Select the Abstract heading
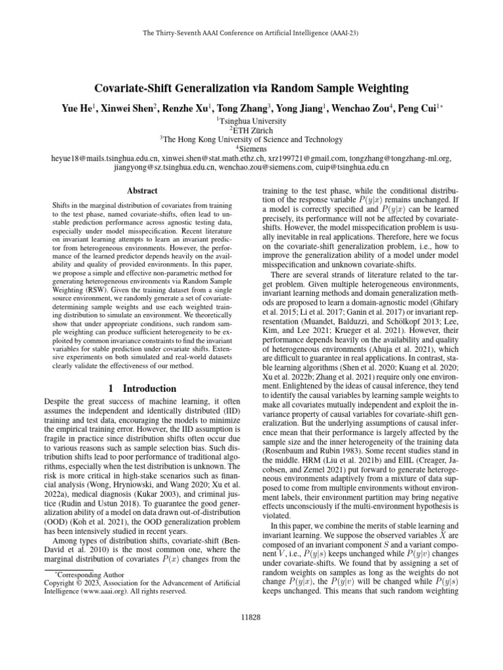(141, 190)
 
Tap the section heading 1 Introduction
(141, 388)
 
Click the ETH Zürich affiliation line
(251, 130)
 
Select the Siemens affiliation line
(251, 149)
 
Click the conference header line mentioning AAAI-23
(251, 32)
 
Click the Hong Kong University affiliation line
(251, 139)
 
